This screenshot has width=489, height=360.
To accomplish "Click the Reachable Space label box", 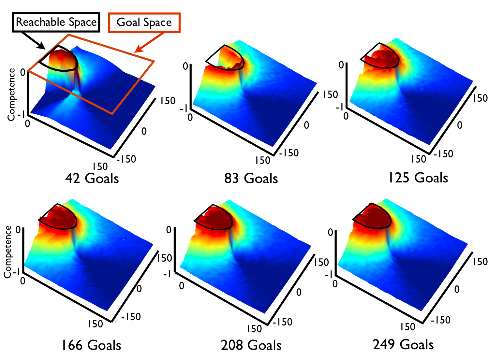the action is coord(56,22).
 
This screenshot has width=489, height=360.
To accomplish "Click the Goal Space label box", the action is coord(144,23).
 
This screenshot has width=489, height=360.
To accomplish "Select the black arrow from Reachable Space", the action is coord(34,41).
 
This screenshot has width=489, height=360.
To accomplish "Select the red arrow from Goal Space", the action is coord(149,42).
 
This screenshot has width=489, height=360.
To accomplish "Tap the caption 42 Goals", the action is coord(92,178).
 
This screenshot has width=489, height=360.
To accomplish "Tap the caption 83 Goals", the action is coord(251,178).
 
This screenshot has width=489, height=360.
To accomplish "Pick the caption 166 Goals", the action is coord(92,345).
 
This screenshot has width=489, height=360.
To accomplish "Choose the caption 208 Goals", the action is coord(251,345).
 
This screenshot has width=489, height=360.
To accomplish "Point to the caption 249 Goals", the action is coord(403,344).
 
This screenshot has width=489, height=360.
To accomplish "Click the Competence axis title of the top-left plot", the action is coord(11,94).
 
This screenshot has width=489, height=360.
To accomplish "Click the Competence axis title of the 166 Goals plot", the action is coord(8,252).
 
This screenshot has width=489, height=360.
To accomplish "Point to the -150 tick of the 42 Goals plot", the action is coord(126,159).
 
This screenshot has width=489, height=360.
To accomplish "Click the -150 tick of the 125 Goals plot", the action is coord(444,154).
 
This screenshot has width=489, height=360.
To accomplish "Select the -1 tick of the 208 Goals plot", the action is coord(167,273).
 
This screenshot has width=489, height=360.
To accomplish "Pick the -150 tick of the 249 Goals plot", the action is coord(441,320).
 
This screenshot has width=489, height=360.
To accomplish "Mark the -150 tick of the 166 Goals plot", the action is coord(131,317).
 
